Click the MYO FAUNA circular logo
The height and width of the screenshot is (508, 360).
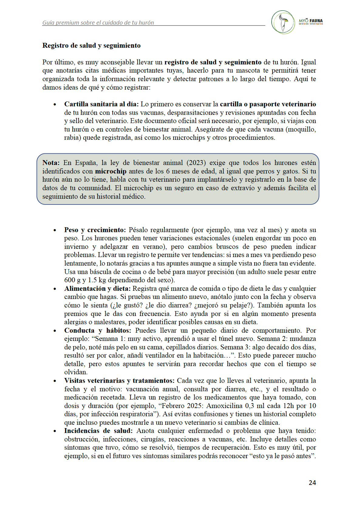[283, 22]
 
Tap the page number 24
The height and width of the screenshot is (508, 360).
[312, 482]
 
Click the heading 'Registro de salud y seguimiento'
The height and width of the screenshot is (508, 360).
[91, 46]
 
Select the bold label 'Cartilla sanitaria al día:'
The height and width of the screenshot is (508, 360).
[101, 104]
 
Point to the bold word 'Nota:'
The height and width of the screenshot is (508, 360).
[51, 163]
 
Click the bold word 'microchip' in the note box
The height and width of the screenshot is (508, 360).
[110, 171]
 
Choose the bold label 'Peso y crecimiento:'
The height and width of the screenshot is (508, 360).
[95, 230]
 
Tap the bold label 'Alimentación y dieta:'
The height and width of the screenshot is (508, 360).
[97, 289]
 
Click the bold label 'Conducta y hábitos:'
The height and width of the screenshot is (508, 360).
[97, 331]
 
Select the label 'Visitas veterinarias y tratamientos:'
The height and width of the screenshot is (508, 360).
[119, 381]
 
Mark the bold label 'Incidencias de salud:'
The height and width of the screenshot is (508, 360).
[98, 431]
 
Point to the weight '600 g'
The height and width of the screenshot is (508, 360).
[72, 280]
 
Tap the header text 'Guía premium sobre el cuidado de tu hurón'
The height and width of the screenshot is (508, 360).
[98, 23]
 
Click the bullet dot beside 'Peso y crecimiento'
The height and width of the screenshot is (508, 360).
[55, 231]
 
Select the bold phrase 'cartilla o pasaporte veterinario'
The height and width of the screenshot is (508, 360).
[268, 104]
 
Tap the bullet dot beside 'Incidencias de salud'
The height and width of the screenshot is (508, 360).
[55, 431]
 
